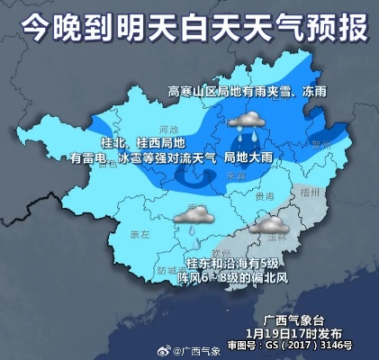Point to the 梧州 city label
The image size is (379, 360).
click(311, 191)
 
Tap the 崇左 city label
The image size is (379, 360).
click(140, 235)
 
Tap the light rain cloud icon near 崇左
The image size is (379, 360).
click(194, 216)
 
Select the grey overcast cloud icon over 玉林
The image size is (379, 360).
click(270, 224)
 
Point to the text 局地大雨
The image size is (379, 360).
click(248, 157)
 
